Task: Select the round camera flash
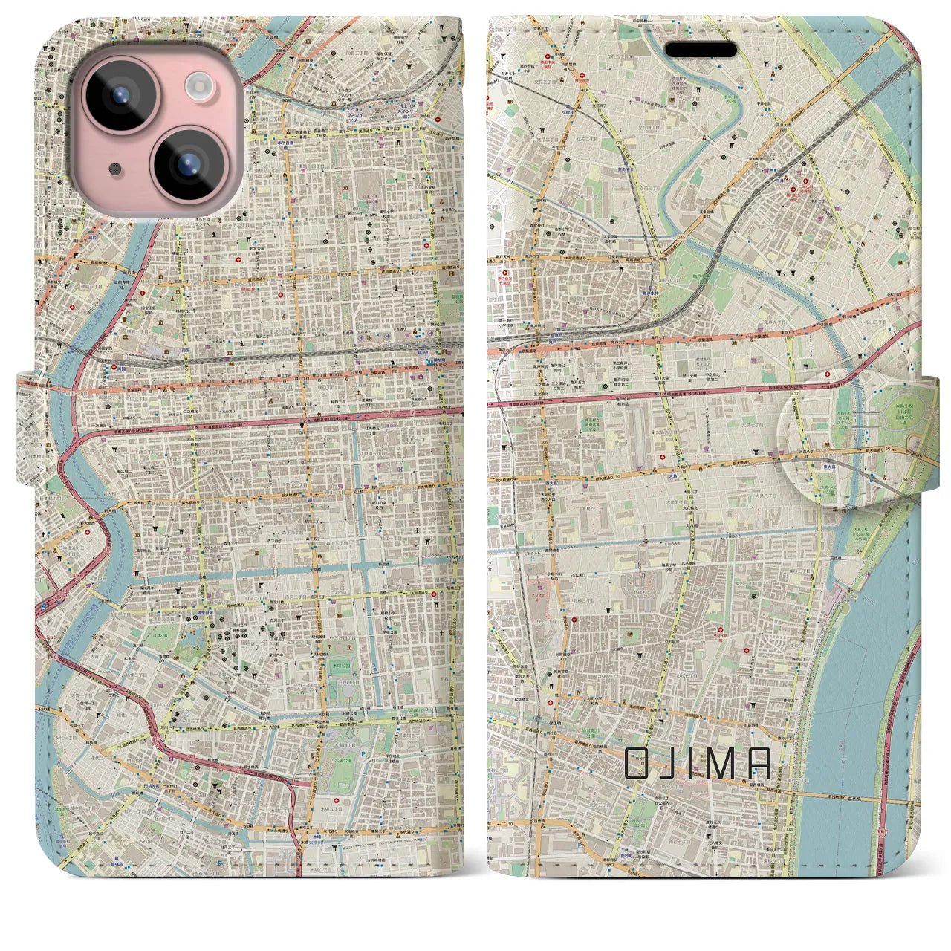click(x=198, y=86)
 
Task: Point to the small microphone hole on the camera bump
click(x=114, y=169)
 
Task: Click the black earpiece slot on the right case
click(x=700, y=51)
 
